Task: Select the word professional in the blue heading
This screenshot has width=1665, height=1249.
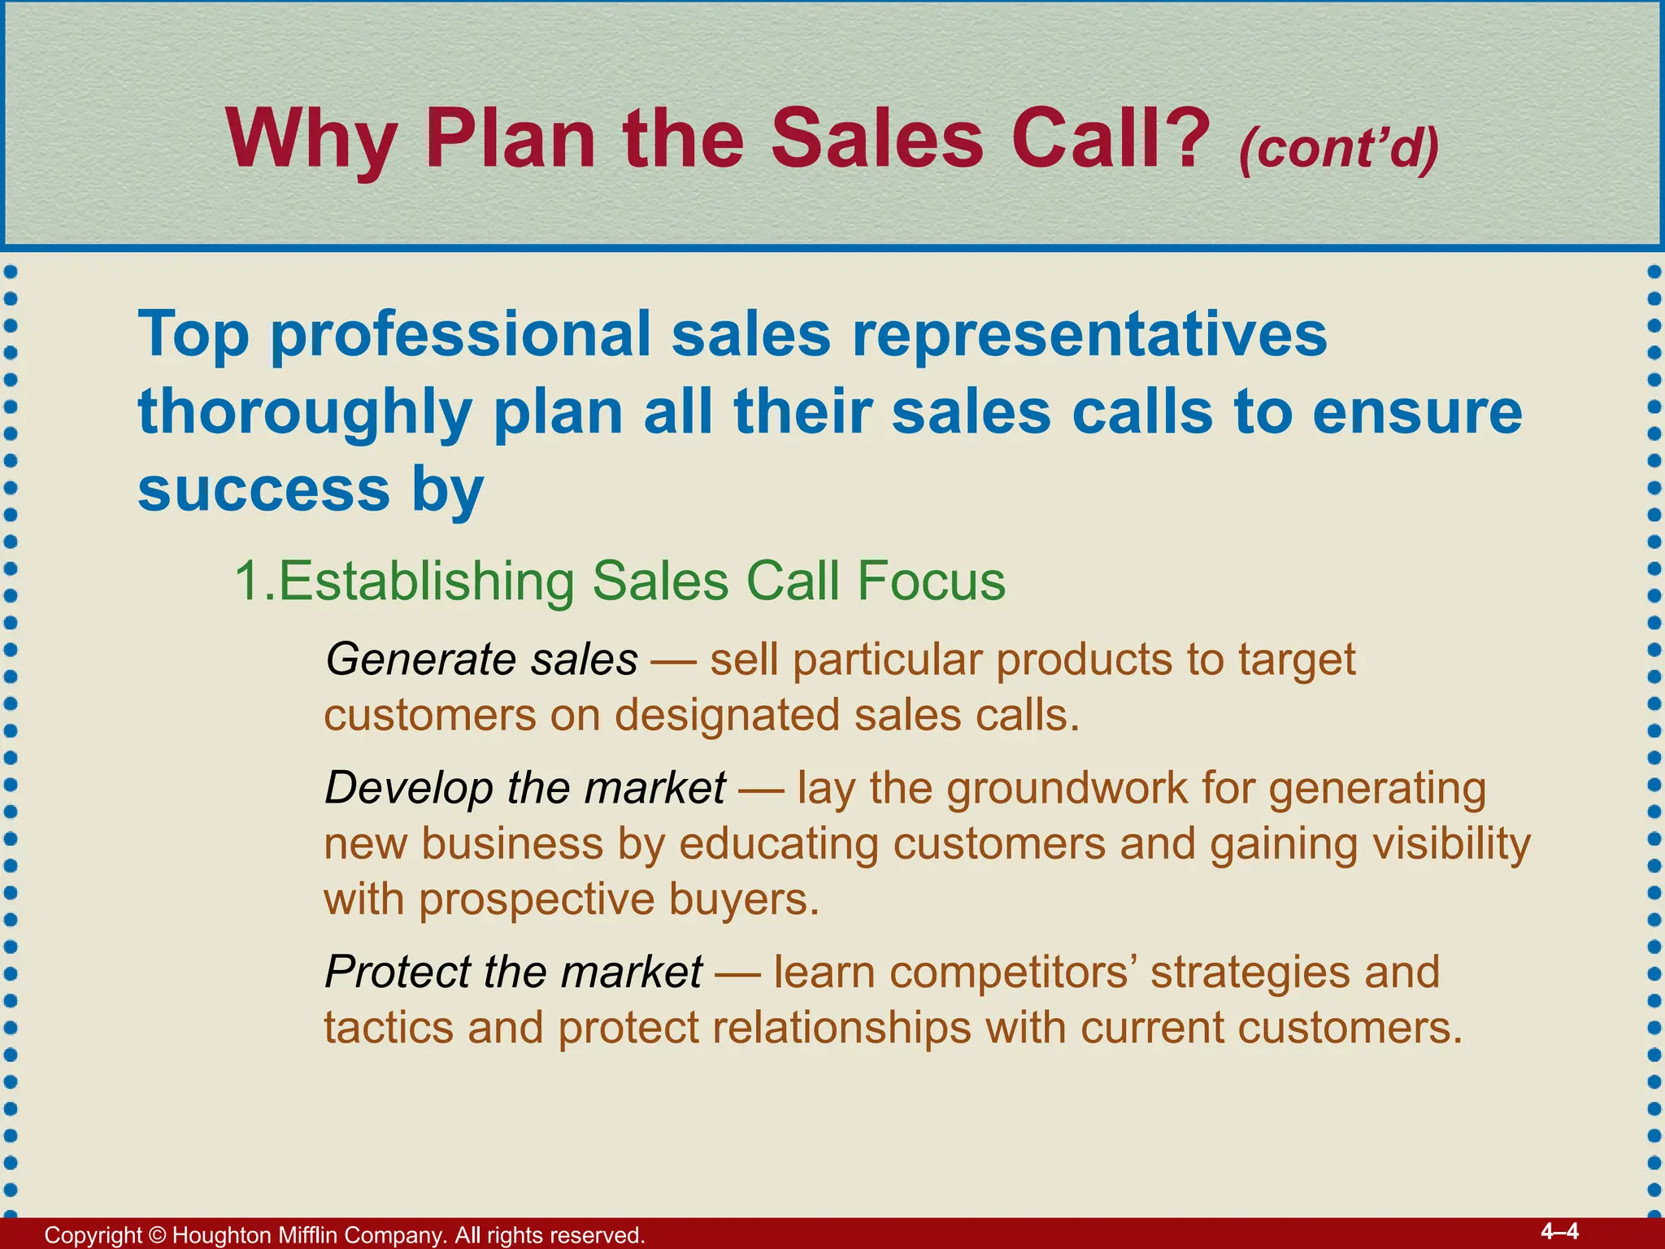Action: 460,336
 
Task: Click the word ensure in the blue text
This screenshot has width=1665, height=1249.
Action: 1417,413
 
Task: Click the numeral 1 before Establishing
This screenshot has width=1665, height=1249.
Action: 248,581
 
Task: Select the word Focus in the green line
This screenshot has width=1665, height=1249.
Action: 931,581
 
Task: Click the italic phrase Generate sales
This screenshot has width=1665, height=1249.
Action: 481,659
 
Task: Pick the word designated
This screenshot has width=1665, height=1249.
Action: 727,716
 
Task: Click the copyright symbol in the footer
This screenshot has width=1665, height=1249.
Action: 157,1235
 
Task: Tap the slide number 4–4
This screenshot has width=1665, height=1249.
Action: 1559,1231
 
